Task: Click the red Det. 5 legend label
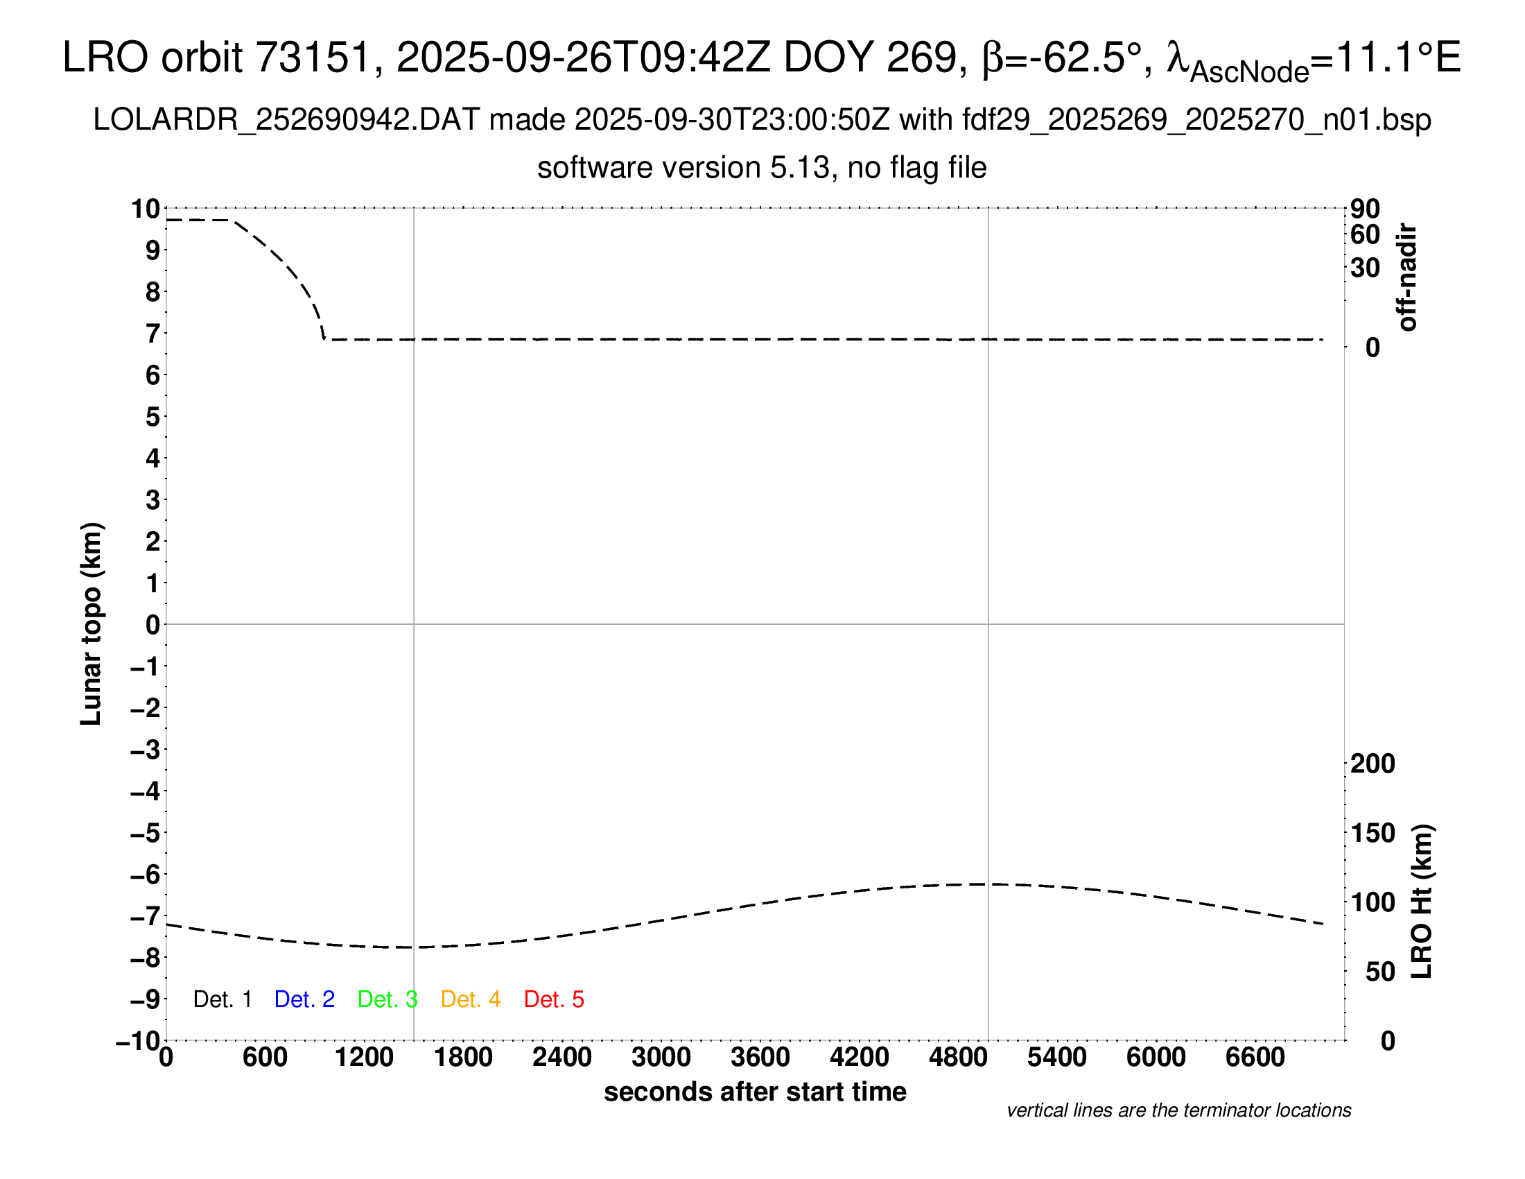click(x=554, y=999)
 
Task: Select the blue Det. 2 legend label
click(x=304, y=999)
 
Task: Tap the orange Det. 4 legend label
click(x=471, y=999)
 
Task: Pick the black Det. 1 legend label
click(x=222, y=999)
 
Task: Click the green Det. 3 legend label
click(x=387, y=999)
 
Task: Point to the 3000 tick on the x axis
click(x=661, y=1058)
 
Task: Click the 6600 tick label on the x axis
click(x=1255, y=1058)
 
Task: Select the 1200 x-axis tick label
click(x=364, y=1058)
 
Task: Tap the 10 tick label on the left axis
click(x=146, y=209)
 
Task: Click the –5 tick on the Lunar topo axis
click(x=146, y=833)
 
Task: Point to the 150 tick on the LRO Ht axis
click(x=1372, y=833)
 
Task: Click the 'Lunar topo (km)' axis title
click(x=91, y=623)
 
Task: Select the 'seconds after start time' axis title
click(x=755, y=1092)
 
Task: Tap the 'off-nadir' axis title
click(x=1407, y=277)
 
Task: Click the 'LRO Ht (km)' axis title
click(x=1422, y=902)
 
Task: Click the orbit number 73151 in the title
click(x=312, y=58)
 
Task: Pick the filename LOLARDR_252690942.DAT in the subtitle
click(x=286, y=120)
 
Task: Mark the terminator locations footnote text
click(x=1178, y=1110)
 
